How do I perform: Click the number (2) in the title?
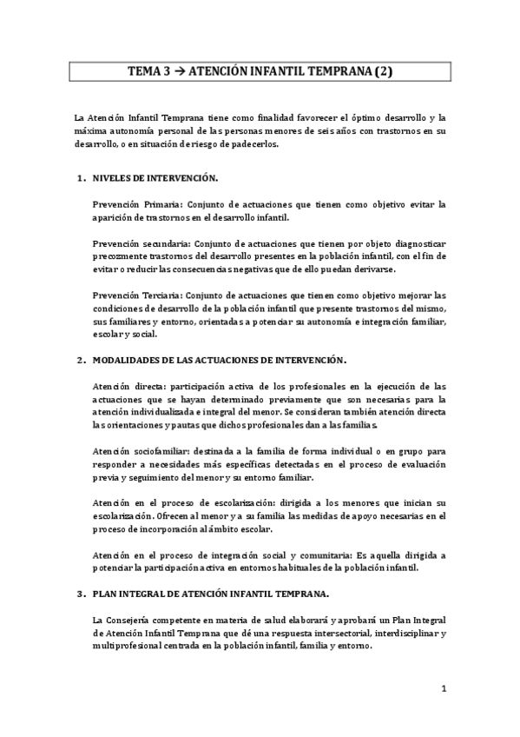(382, 74)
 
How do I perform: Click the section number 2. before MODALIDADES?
(80, 359)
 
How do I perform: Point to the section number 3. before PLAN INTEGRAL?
(80, 594)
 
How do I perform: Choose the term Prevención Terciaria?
(137, 295)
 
